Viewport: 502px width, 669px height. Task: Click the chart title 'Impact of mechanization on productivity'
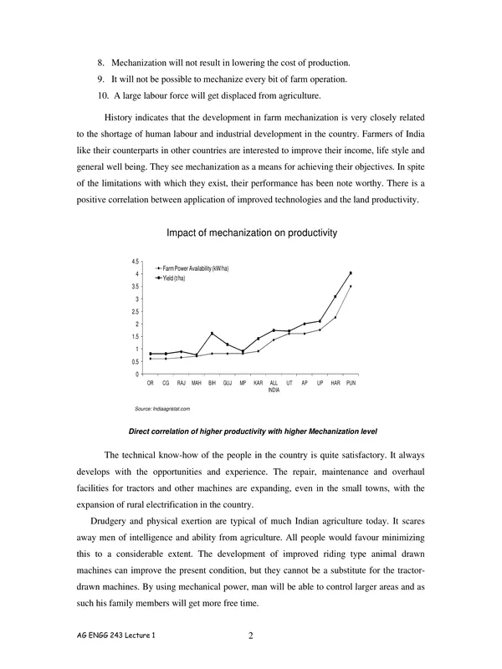252,233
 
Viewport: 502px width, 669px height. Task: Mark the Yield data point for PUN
351,273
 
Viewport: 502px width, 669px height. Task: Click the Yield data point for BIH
212,333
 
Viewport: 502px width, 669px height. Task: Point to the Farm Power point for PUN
351,286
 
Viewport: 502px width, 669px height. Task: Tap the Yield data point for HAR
336,297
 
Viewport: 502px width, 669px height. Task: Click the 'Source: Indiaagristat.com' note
163,408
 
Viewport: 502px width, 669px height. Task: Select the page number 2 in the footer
251,635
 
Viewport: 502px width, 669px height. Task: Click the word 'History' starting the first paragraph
120,118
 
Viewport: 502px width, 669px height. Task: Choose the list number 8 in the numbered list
101,64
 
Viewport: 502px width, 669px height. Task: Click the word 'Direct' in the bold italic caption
141,432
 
